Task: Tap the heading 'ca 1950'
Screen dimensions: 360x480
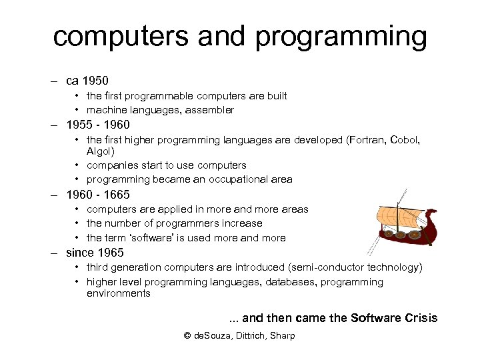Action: (x=87, y=81)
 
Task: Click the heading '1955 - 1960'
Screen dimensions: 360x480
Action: (x=98, y=125)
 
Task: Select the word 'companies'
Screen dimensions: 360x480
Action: (x=113, y=165)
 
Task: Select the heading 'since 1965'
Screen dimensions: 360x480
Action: (x=95, y=253)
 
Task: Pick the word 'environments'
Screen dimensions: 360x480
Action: (x=118, y=293)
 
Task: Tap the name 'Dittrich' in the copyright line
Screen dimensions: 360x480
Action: (x=249, y=335)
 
